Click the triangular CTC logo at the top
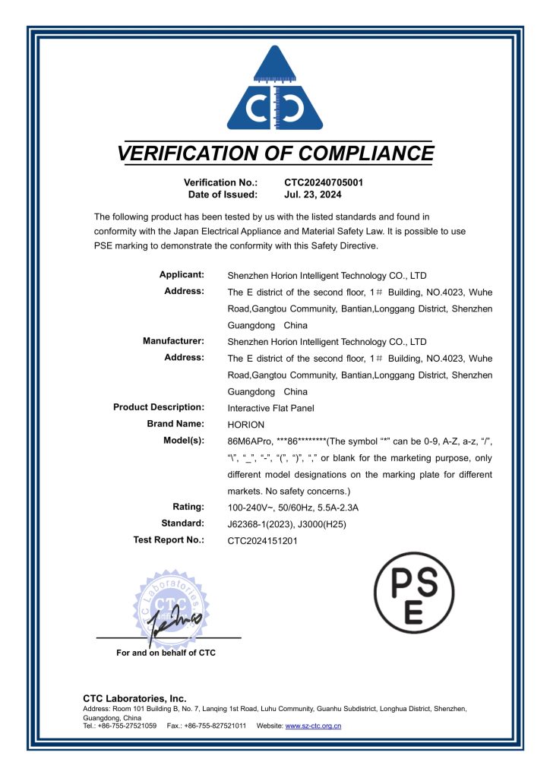[275, 90]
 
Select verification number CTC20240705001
[324, 182]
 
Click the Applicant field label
[182, 274]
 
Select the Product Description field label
[159, 407]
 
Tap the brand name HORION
[245, 424]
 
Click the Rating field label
[188, 507]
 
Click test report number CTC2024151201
[263, 541]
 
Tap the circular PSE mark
[416, 593]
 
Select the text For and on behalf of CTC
[166, 653]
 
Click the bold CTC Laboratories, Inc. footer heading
[134, 698]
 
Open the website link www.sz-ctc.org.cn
[313, 726]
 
